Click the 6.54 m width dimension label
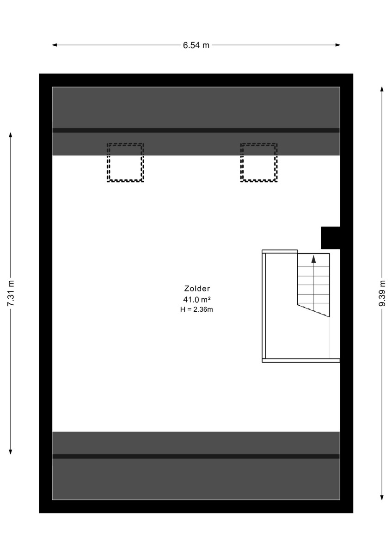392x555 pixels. coord(196,45)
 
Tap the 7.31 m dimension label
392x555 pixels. coord(11,293)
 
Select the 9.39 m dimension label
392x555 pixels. coord(382,293)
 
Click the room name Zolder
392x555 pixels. coord(197,289)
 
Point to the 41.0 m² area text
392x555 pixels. coord(197,300)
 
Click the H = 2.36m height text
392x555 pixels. coord(196,309)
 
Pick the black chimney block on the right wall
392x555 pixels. coord(331,238)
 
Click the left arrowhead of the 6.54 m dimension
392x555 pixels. coord(55,45)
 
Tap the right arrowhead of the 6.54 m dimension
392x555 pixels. coord(337,45)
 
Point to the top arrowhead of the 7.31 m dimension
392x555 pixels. coord(10,135)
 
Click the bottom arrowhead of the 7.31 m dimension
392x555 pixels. coord(10,452)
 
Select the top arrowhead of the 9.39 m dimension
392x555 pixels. coord(382,89)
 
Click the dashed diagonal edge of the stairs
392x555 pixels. coord(313,310)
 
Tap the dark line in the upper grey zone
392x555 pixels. coord(196,130)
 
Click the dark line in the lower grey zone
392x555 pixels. coord(196,456)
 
